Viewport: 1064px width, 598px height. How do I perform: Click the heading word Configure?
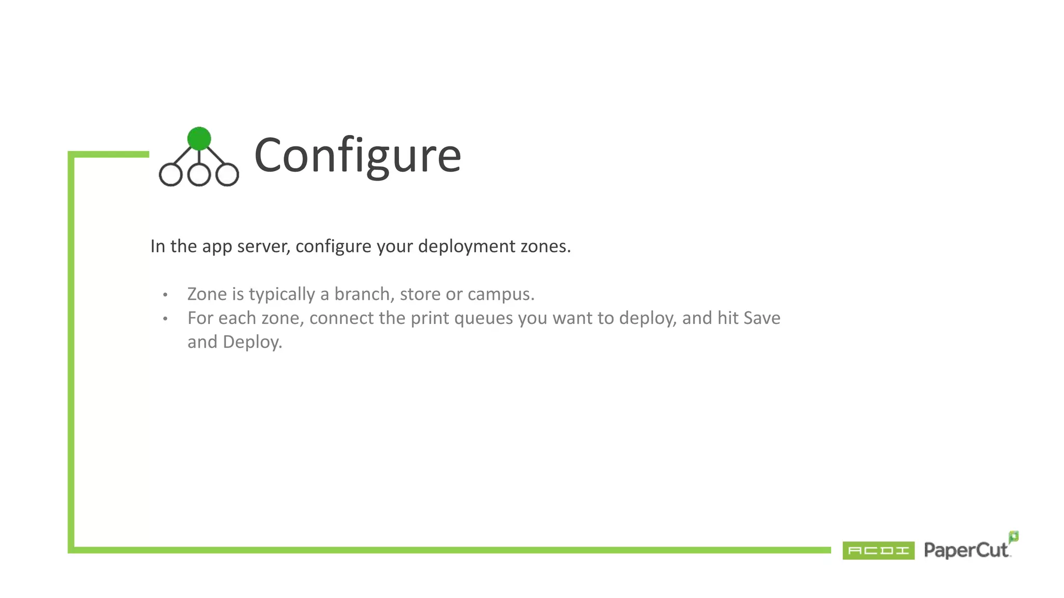[x=357, y=155]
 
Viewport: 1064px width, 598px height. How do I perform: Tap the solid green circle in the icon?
[x=199, y=139]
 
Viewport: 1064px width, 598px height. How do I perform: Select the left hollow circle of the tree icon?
[x=170, y=175]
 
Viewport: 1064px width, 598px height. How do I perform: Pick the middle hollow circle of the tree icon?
[x=199, y=175]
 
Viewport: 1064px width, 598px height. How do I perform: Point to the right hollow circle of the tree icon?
[x=227, y=175]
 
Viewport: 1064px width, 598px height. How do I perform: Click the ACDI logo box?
[x=878, y=550]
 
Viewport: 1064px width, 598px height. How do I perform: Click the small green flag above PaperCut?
[x=1014, y=536]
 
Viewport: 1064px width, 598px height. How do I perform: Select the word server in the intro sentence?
[x=263, y=246]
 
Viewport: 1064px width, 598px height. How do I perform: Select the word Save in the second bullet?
[x=762, y=318]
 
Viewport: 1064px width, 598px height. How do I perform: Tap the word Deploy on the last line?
[x=252, y=342]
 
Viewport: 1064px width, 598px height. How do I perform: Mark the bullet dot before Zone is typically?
[x=165, y=295]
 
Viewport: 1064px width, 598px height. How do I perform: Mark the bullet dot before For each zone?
[x=165, y=319]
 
